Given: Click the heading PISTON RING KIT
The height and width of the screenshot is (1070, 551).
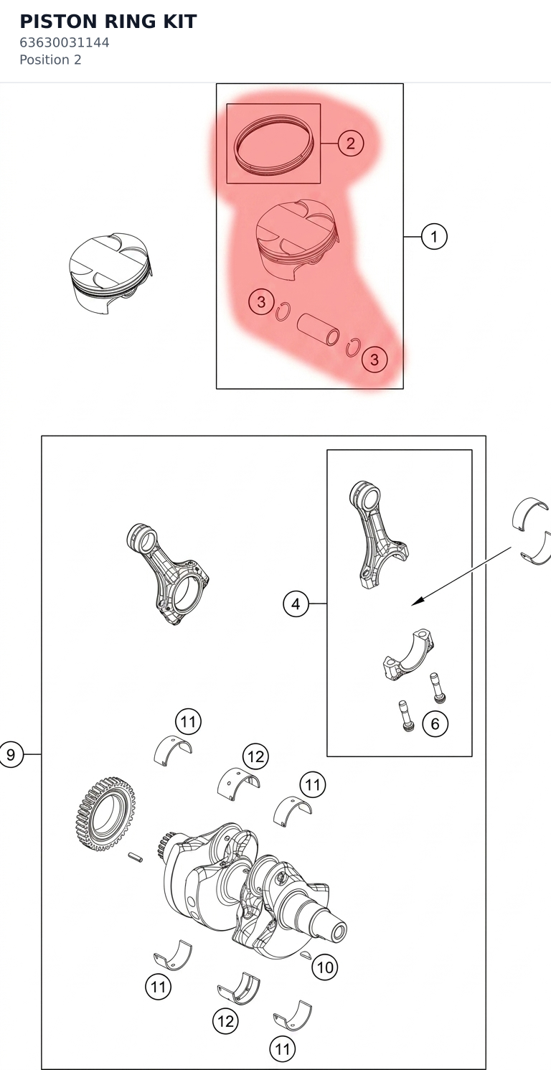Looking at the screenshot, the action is tap(108, 22).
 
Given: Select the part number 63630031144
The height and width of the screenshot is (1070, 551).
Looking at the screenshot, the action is tap(65, 42).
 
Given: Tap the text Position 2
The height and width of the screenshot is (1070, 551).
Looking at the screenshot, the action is tap(51, 60).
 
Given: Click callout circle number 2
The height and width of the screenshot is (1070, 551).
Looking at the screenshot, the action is tap(351, 144).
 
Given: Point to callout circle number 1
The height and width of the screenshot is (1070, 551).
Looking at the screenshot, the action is tap(434, 236).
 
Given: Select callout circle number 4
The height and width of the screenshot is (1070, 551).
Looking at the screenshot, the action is tap(296, 604).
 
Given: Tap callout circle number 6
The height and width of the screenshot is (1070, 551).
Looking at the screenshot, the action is tap(435, 723).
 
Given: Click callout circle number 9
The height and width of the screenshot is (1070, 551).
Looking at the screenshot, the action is tap(11, 754).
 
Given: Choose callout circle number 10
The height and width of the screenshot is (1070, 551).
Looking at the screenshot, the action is tap(325, 968).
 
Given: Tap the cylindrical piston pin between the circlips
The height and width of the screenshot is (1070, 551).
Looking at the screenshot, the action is tap(318, 329).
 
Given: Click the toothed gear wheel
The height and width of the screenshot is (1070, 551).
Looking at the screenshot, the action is tap(106, 814).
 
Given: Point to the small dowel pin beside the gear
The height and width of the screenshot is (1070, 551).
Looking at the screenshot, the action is tap(136, 858).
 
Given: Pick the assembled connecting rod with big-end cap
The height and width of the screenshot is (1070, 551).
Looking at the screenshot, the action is tap(167, 573).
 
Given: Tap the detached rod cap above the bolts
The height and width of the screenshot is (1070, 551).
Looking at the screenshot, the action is tap(408, 654).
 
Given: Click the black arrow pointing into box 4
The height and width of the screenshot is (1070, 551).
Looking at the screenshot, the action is tap(461, 576).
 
